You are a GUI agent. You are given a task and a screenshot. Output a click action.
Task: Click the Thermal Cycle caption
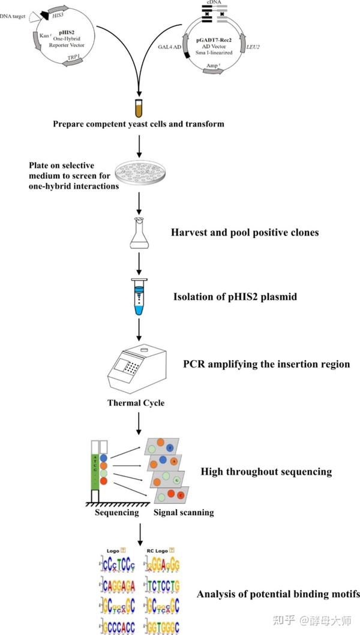[136, 404]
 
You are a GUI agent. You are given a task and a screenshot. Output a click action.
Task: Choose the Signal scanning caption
[184, 513]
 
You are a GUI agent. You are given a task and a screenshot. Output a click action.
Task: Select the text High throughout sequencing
[266, 471]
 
